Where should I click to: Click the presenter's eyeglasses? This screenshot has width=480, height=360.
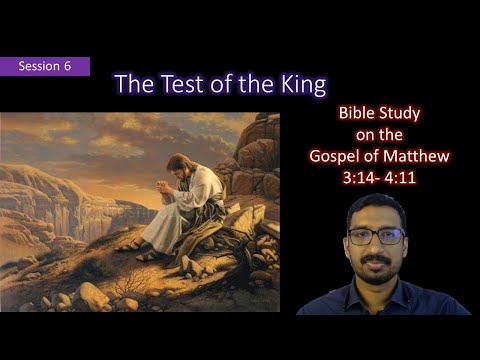(377, 237)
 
